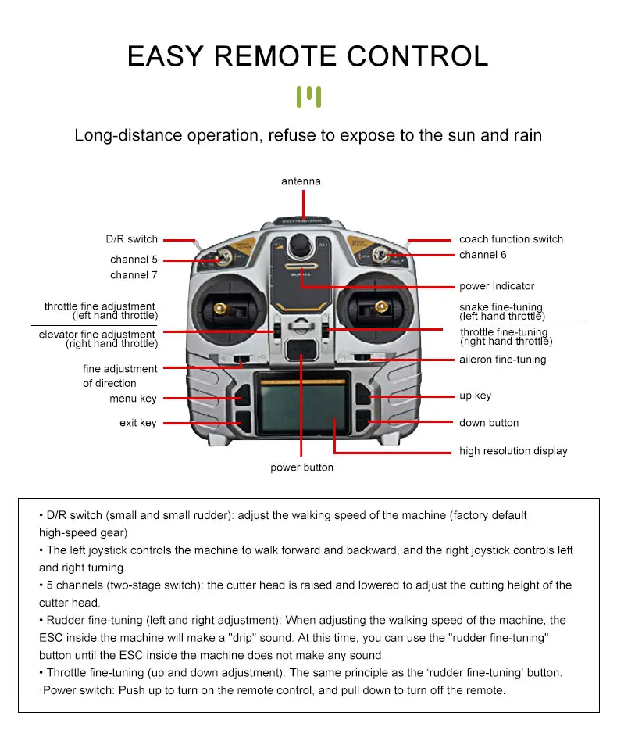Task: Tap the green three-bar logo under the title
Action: [x=308, y=96]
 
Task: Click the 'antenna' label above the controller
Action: [x=301, y=181]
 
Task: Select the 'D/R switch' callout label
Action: [x=131, y=239]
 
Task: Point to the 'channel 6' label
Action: [x=483, y=255]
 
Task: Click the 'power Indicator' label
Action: [x=497, y=286]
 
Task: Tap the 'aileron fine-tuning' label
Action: [x=502, y=360]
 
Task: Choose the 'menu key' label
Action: [x=133, y=399]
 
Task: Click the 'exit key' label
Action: [x=137, y=423]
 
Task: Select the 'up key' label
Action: [x=476, y=396]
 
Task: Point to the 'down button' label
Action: [x=489, y=423]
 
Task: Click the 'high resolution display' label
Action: [x=513, y=451]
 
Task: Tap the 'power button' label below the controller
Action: [x=301, y=467]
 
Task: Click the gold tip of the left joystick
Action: [x=219, y=308]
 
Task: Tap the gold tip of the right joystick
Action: [x=381, y=306]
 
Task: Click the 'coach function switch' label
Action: [x=512, y=239]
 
